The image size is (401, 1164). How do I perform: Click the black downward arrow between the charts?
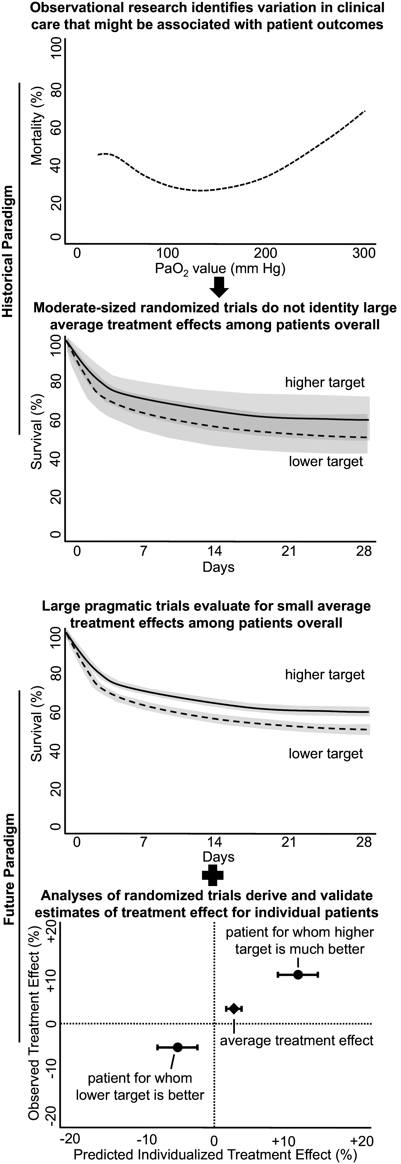point(220,286)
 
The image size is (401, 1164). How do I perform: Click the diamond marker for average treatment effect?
point(233,1009)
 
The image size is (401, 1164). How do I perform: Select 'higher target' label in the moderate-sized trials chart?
point(325,383)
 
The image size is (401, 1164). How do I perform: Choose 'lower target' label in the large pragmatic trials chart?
point(326,754)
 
